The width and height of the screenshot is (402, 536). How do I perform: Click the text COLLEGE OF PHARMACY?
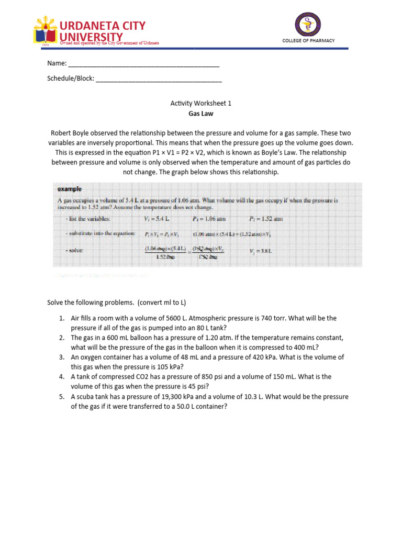308,41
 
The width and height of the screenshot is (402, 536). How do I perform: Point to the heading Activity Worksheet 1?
200,104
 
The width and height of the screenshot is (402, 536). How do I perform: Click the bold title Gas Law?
200,114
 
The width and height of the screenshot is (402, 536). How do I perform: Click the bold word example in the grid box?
69,189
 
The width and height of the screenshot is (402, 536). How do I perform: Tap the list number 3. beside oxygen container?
61,357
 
